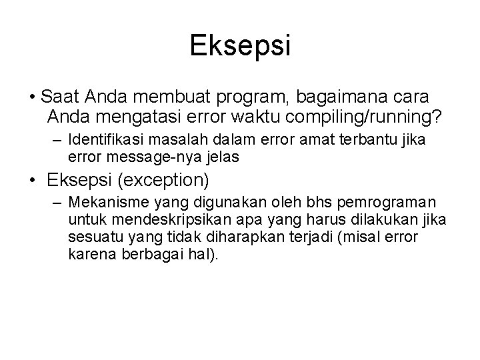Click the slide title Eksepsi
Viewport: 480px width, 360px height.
click(x=240, y=45)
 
